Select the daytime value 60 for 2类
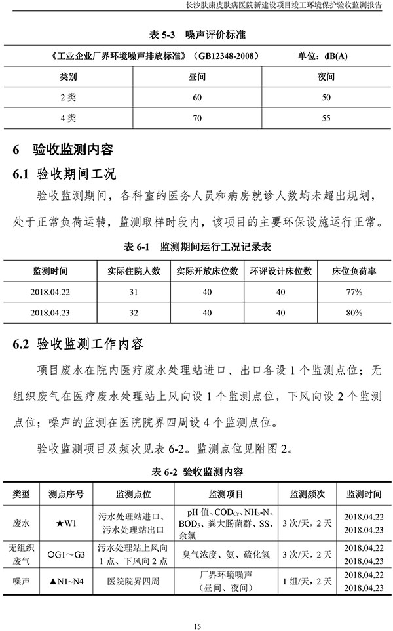pos(197,97)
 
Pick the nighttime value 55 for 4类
pos(326,119)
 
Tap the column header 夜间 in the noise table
pos(326,76)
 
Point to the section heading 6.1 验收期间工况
pos(64,174)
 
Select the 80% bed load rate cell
pos(354,313)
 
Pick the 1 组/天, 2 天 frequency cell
pos(307,580)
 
